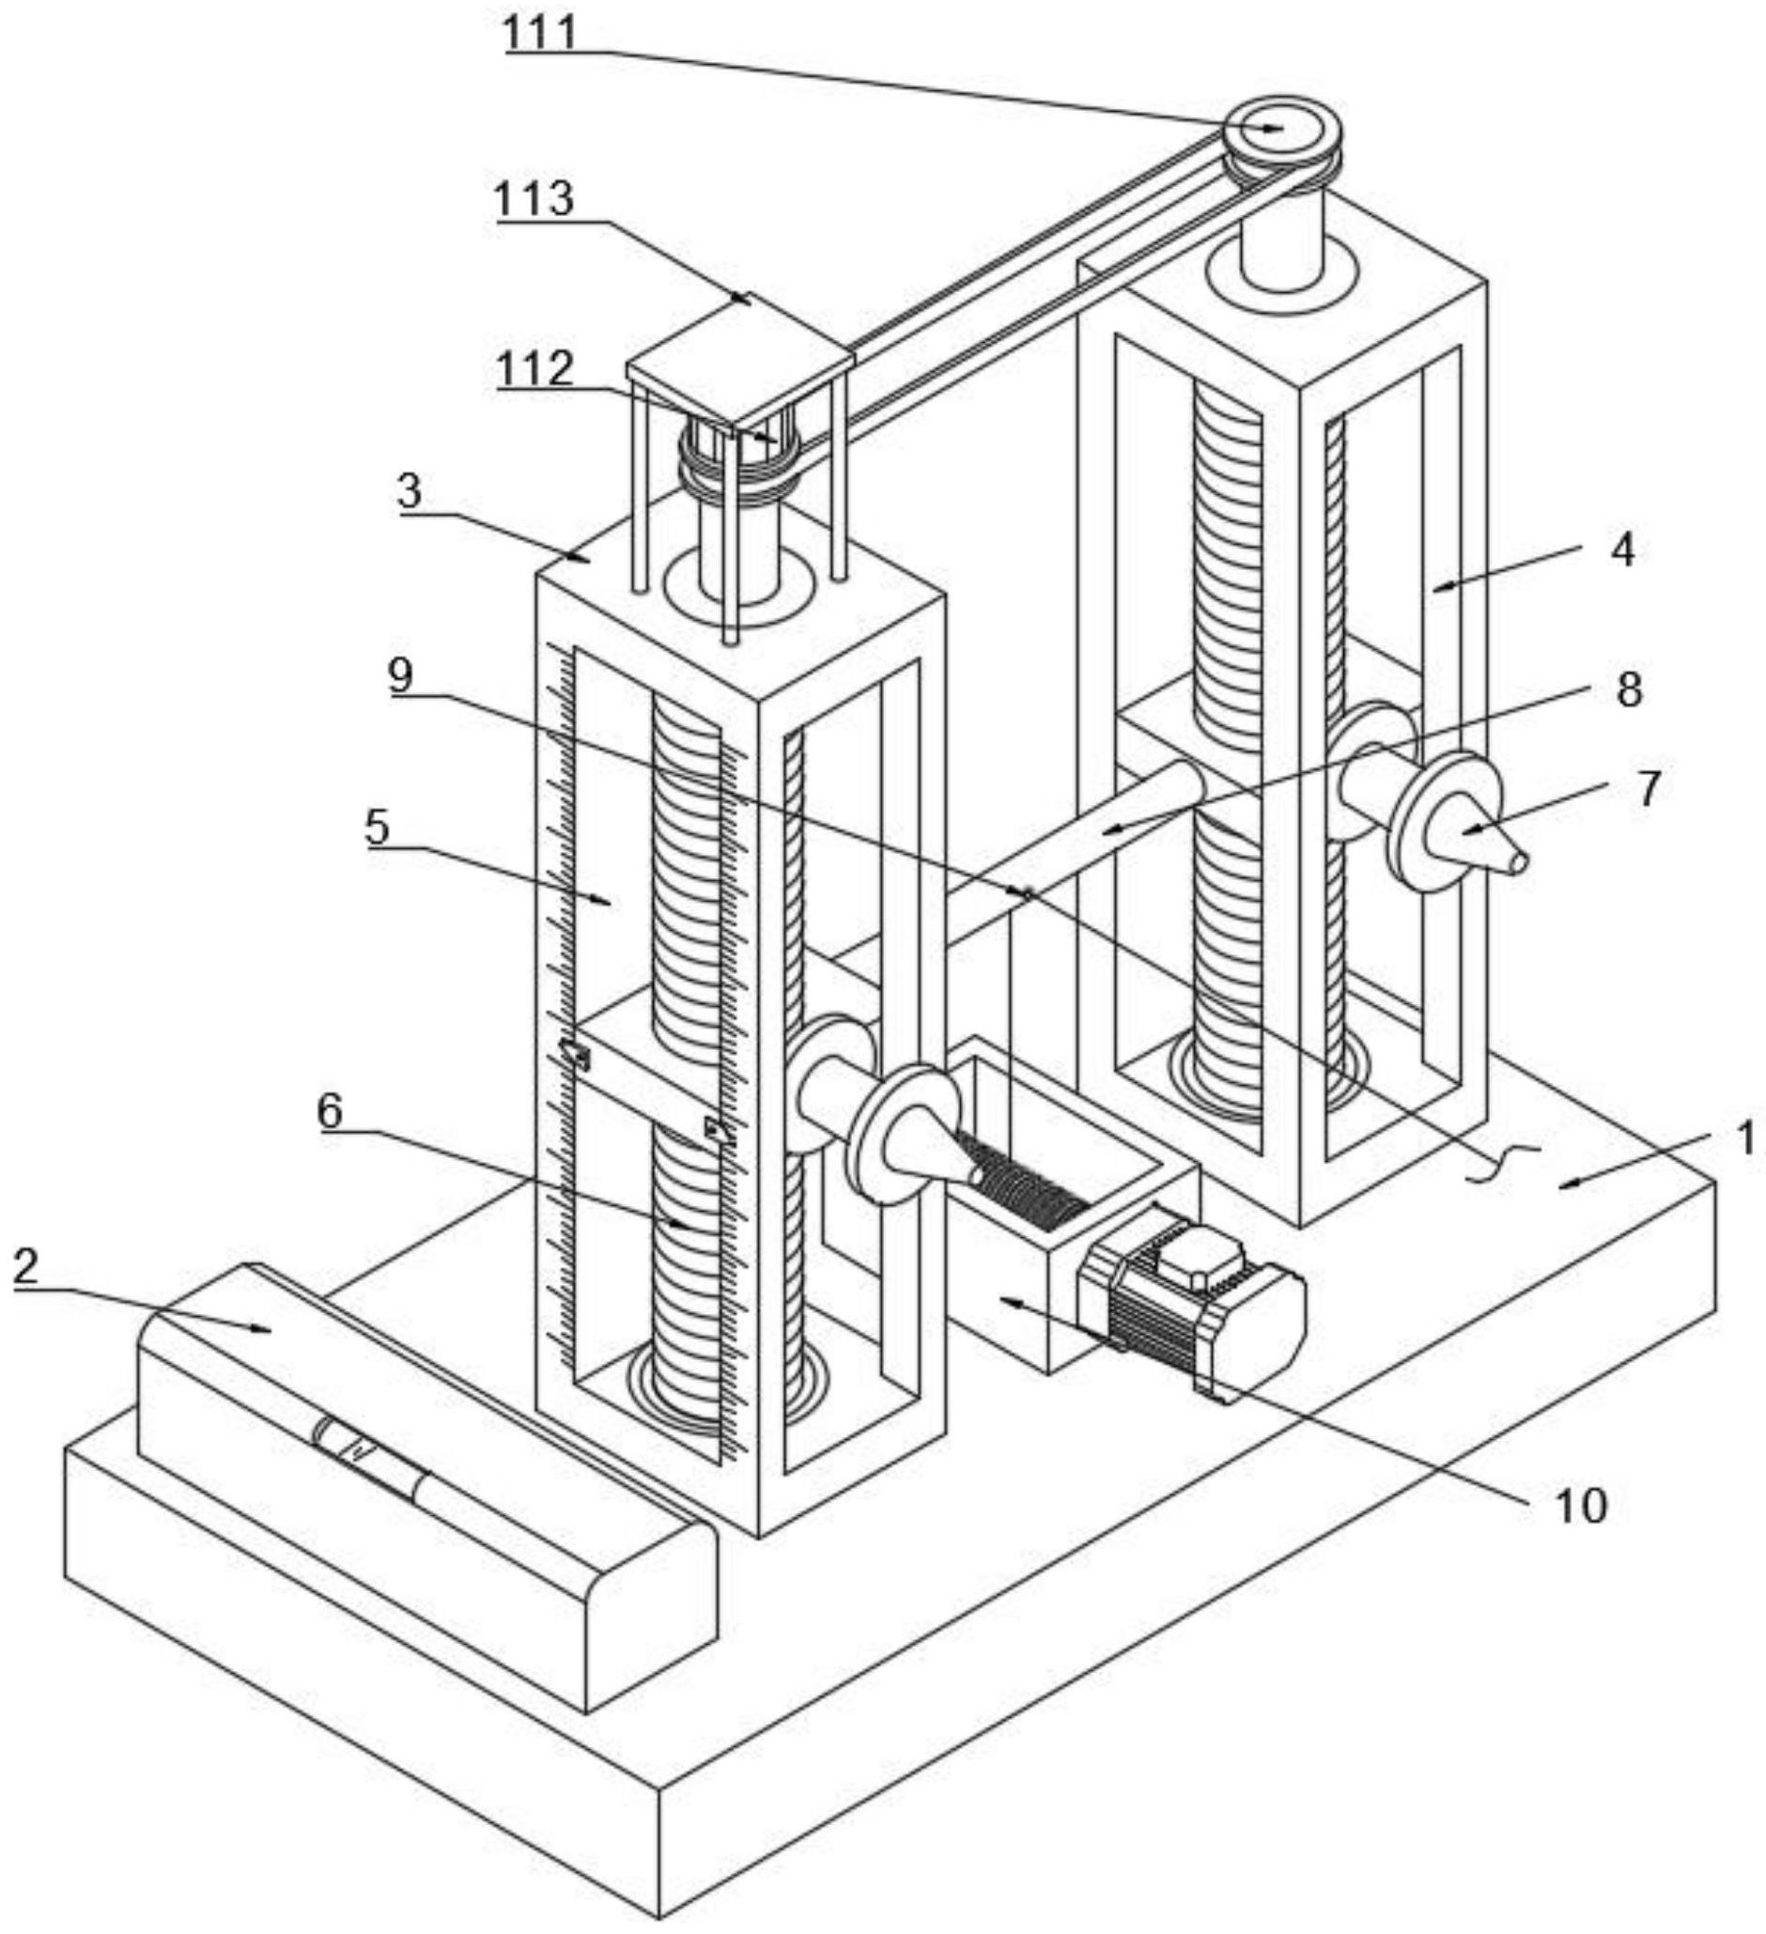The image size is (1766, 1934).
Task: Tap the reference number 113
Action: pos(534,198)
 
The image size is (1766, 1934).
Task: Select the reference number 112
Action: pos(535,369)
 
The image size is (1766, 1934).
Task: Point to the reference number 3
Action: pos(410,491)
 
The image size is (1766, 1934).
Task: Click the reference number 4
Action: pos(1621,550)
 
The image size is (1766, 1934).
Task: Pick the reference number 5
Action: pos(377,827)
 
